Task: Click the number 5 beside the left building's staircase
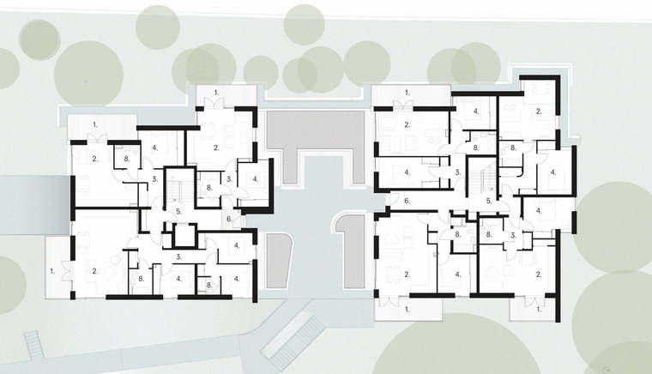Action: [178, 211]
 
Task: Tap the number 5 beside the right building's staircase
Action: [489, 201]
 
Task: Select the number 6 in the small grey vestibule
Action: [229, 219]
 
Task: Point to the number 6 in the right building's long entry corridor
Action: [407, 201]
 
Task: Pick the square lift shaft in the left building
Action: [184, 236]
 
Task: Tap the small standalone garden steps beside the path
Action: [34, 345]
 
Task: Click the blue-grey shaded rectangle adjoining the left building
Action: [34, 205]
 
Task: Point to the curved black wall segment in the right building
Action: [520, 172]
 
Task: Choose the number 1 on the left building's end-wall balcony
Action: [52, 271]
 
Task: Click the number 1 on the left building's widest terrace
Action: [95, 124]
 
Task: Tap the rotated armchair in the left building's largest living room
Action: [114, 260]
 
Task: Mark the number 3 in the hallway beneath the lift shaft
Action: [178, 257]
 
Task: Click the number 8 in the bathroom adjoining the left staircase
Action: [209, 188]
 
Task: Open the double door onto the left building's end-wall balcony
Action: [67, 270]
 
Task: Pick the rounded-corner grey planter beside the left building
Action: [277, 261]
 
